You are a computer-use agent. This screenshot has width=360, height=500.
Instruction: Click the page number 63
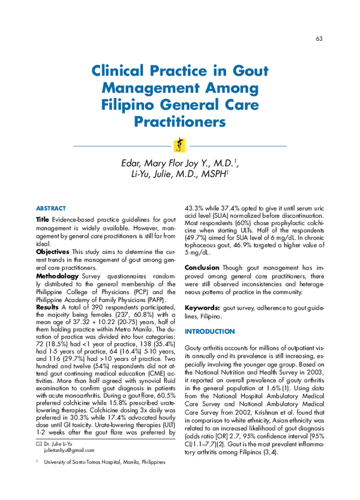pos(319,39)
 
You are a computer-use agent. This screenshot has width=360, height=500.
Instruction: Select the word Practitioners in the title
pos(179,122)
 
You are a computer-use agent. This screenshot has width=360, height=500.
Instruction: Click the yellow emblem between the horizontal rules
pos(179,146)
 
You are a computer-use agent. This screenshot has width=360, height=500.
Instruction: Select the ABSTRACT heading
pos(51,208)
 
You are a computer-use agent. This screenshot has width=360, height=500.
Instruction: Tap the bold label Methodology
pos(58,276)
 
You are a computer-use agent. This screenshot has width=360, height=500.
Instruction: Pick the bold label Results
pos(47,307)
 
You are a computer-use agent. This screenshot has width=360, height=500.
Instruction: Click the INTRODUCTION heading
pos(209,332)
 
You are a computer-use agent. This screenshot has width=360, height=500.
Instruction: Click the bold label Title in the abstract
pos(43,220)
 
